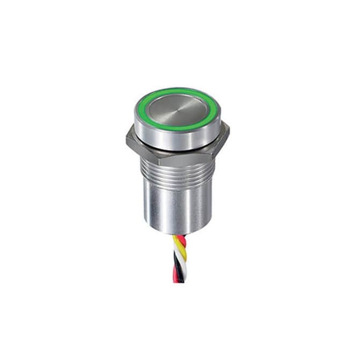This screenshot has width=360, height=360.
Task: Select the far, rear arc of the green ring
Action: [177, 90]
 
